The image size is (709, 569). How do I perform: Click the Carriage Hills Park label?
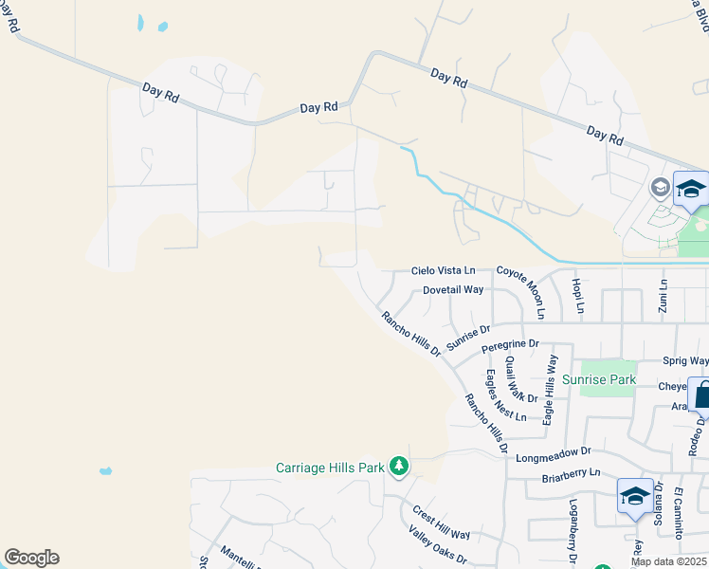[329, 468]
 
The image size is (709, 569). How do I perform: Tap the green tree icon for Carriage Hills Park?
[400, 467]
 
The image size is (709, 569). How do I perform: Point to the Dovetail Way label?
[453, 290]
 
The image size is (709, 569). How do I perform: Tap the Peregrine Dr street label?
[510, 346]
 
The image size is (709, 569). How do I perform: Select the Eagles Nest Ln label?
[506, 395]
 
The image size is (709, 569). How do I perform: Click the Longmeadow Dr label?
[554, 453]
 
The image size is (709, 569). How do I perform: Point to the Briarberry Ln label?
[572, 471]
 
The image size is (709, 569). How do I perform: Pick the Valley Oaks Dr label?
[437, 545]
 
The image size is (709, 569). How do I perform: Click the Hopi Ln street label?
[577, 296]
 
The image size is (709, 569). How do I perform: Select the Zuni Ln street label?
[664, 296]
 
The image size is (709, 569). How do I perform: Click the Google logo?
[31, 557]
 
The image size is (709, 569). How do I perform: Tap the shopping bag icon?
[702, 395]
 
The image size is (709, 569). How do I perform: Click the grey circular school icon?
[660, 188]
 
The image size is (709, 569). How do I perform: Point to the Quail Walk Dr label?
[520, 378]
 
